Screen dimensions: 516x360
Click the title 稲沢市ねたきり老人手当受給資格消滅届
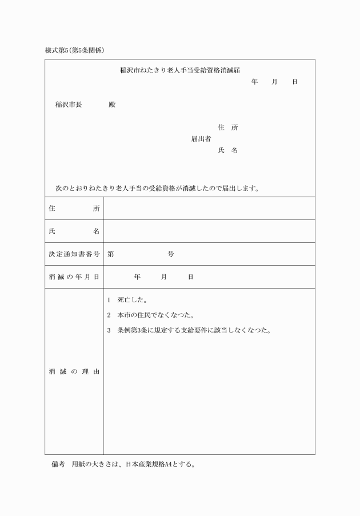click(x=179, y=70)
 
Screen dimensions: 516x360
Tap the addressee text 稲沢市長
click(x=68, y=105)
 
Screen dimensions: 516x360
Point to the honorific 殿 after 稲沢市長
click(x=112, y=105)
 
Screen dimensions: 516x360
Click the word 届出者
click(x=201, y=139)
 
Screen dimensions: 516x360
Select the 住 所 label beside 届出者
click(x=227, y=127)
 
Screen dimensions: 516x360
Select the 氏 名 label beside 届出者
click(x=227, y=150)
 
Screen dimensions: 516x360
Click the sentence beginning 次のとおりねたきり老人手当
click(x=157, y=187)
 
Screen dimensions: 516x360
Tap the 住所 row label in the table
click(x=74, y=209)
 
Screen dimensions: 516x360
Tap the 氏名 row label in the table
click(x=74, y=231)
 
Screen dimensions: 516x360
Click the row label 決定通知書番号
click(x=74, y=254)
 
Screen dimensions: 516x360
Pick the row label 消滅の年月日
click(x=74, y=277)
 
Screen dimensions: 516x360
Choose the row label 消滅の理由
click(x=74, y=372)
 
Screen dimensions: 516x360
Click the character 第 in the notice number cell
click(x=110, y=254)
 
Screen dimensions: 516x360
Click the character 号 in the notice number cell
click(x=170, y=254)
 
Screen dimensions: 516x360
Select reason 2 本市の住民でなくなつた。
click(x=151, y=315)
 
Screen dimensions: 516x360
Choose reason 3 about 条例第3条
click(x=189, y=330)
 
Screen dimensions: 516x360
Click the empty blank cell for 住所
click(x=209, y=209)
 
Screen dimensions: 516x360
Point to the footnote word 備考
click(x=59, y=465)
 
